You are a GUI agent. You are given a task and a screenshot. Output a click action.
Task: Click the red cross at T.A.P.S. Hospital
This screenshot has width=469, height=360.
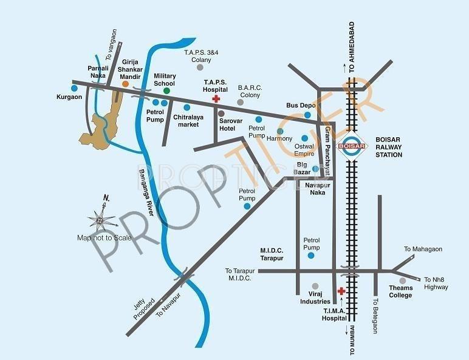pyautogui.click(x=215, y=99)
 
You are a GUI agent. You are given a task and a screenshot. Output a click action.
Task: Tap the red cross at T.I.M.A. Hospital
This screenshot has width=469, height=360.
pyautogui.click(x=341, y=291)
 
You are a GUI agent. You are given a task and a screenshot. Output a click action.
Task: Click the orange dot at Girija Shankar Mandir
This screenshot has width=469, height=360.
pyautogui.click(x=126, y=84)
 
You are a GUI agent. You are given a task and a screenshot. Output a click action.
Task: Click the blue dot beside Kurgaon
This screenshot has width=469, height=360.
pyautogui.click(x=74, y=87)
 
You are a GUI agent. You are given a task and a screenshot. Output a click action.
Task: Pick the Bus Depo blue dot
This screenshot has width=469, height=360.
pyautogui.click(x=308, y=115)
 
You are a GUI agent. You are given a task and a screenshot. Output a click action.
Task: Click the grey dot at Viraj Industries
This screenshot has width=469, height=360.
pyautogui.click(x=315, y=285)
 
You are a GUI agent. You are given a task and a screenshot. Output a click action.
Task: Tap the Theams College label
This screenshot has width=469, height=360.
pyautogui.click(x=400, y=291)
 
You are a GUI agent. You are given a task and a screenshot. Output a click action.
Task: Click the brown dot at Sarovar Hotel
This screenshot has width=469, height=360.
pyautogui.click(x=221, y=114)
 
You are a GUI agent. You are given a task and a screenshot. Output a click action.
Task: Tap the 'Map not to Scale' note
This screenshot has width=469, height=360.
pyautogui.click(x=104, y=237)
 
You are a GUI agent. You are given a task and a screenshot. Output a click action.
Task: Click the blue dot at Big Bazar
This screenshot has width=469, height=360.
pyautogui.click(x=315, y=169)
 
